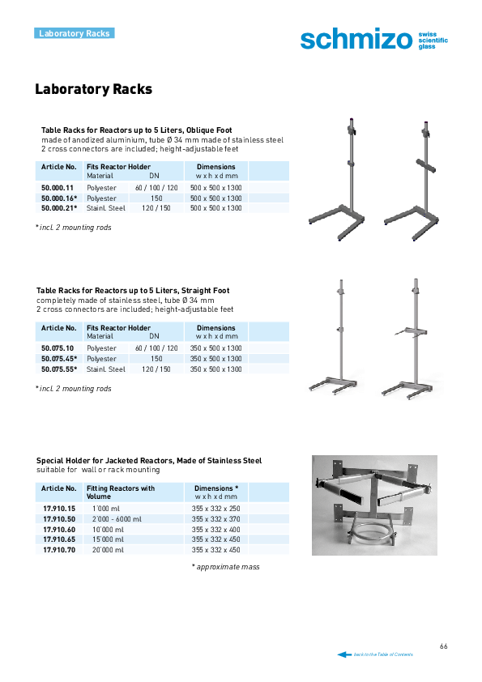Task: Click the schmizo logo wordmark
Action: point(356,40)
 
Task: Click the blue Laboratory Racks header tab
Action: point(75,33)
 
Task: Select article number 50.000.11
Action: point(58,188)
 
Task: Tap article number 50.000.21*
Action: point(59,208)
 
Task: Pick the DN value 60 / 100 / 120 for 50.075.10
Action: point(156,348)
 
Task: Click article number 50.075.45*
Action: point(59,359)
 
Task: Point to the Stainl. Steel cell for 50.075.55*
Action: point(106,369)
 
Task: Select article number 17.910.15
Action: point(59,509)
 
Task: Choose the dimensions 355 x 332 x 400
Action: point(215,530)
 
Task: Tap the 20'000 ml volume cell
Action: point(108,550)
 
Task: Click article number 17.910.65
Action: point(59,539)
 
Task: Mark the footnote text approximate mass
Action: point(228,567)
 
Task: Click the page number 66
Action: point(444,646)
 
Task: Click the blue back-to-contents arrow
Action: point(344,654)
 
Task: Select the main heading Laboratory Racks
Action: point(93,89)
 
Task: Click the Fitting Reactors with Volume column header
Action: point(121,492)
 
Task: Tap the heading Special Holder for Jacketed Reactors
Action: point(149,461)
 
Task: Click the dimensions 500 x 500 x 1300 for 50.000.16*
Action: point(215,198)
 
